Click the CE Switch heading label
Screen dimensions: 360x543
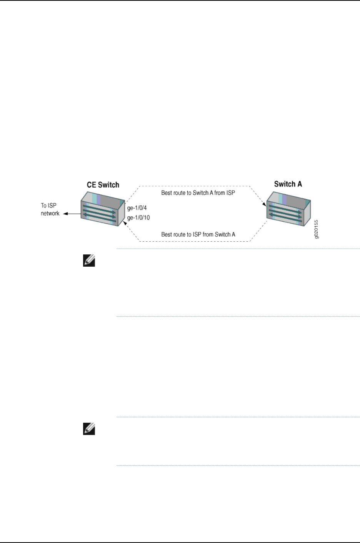[x=103, y=185]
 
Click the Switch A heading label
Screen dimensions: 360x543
[x=288, y=184]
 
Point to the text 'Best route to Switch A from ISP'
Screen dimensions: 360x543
[x=198, y=193]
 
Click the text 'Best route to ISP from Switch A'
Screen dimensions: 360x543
[x=198, y=234]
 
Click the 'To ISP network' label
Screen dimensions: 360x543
[x=50, y=209]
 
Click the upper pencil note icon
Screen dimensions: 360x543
[x=89, y=261]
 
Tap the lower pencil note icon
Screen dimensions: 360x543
[x=89, y=429]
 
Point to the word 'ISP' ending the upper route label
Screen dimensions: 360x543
[x=230, y=193]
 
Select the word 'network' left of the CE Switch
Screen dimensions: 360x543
[x=50, y=213]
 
